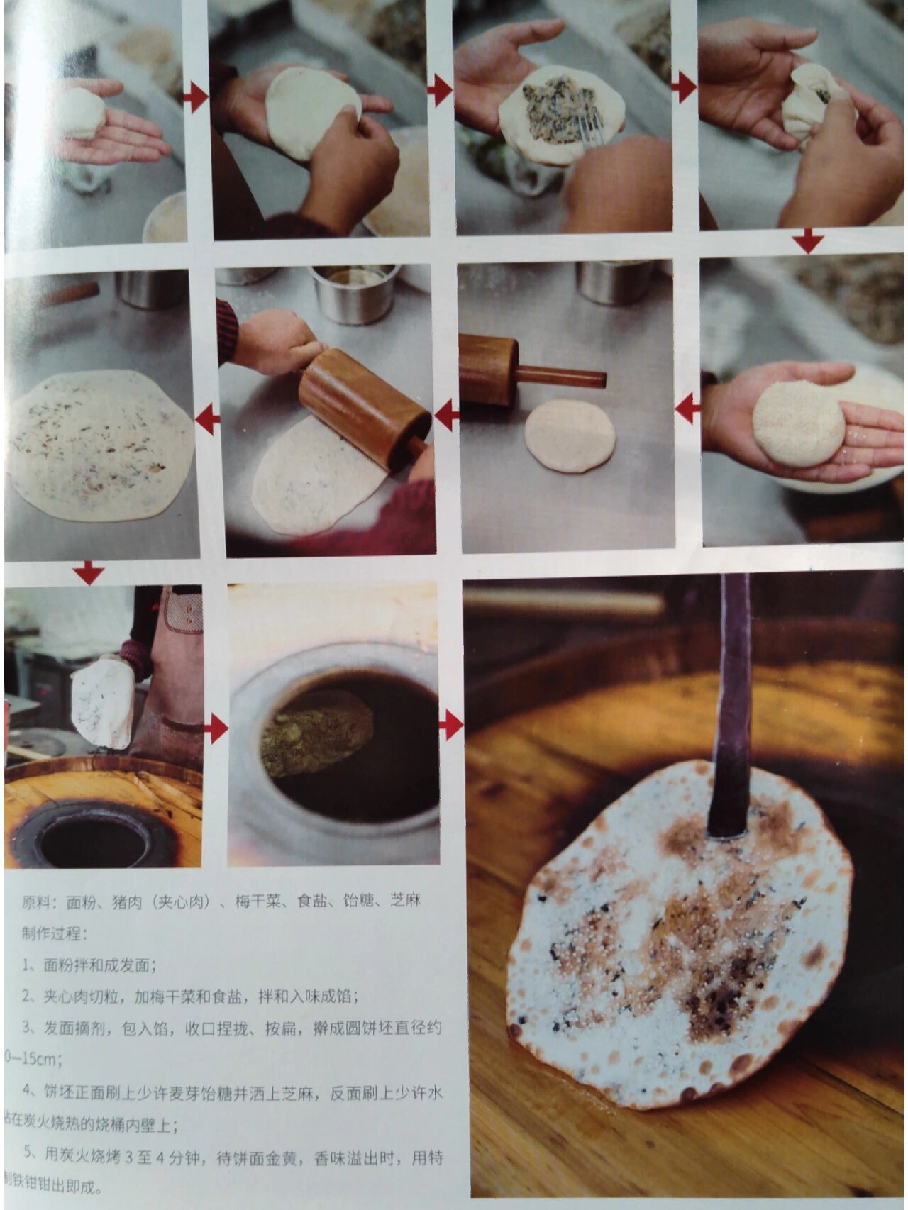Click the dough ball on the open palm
[82, 113]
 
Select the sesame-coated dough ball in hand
[798, 423]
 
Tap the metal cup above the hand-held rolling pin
[353, 292]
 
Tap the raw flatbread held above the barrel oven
[103, 702]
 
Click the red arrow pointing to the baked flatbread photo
[451, 726]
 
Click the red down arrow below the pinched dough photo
[807, 243]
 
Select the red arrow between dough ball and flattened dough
[195, 96]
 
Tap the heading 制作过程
[51, 933]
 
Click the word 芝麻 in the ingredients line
[406, 900]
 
